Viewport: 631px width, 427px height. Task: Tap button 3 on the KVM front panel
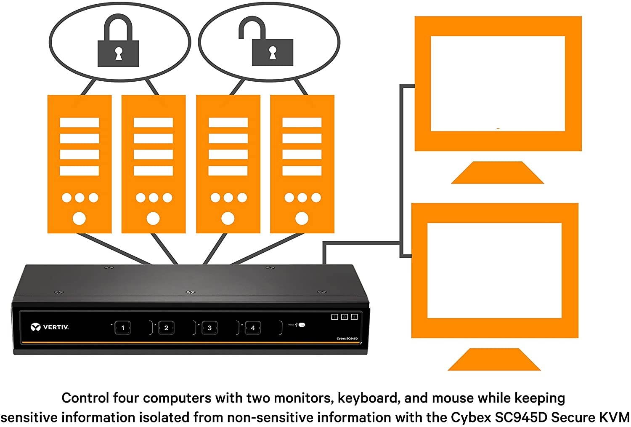[x=209, y=328]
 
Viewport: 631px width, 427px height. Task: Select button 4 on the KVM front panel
[x=252, y=328]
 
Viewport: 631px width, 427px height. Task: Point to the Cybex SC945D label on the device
[x=347, y=338]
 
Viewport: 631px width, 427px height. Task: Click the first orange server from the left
[x=80, y=164]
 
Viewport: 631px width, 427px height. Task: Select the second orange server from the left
[x=154, y=164]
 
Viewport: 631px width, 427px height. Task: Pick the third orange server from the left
[x=228, y=164]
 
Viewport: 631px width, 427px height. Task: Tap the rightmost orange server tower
[x=302, y=164]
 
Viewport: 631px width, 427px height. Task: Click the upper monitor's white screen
[x=497, y=83]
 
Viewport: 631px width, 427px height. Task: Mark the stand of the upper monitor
[x=497, y=173]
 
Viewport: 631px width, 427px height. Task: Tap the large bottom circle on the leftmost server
[x=80, y=218]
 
